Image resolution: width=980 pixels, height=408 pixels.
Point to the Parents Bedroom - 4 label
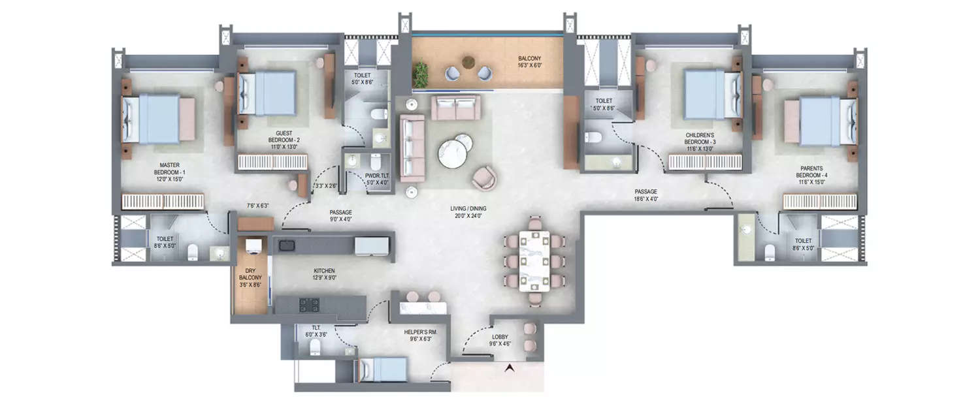tap(812, 175)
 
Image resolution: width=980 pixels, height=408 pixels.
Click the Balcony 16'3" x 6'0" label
tap(530, 61)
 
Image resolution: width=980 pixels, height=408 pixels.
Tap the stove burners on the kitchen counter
tap(307, 304)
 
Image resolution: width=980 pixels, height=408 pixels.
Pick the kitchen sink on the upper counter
tap(286, 245)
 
